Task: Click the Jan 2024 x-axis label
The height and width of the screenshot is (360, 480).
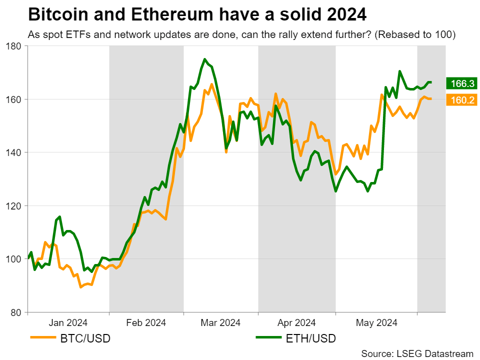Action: pos(68,322)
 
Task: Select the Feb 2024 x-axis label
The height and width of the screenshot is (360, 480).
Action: pos(146,322)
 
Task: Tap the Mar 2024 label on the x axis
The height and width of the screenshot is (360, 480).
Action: pos(220,322)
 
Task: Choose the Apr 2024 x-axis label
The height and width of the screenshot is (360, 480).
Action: pos(296,322)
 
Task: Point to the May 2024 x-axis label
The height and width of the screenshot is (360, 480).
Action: pos(376,322)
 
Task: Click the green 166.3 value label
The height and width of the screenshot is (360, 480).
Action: pos(462,83)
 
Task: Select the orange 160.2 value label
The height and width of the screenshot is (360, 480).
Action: pos(462,100)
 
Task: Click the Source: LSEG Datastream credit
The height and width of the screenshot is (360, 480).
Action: pos(417,353)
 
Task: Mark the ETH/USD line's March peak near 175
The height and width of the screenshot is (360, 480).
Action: pos(204,59)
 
